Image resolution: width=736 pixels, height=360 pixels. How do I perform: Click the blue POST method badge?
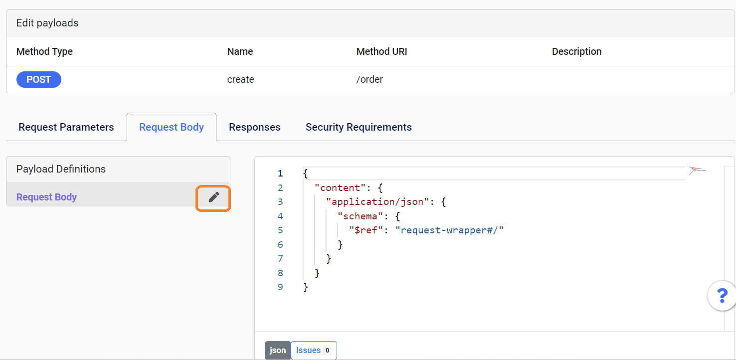pyautogui.click(x=39, y=79)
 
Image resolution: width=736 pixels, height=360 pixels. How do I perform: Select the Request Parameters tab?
pyautogui.click(x=66, y=127)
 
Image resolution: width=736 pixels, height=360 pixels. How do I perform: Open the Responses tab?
pyautogui.click(x=255, y=127)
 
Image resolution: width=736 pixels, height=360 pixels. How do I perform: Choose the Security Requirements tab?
pyautogui.click(x=359, y=127)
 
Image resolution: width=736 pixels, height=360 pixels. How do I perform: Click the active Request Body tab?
pyautogui.click(x=172, y=127)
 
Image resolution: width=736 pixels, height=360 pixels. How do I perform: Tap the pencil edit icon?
pyautogui.click(x=213, y=197)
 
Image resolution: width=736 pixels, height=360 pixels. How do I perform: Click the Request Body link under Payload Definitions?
pyautogui.click(x=46, y=197)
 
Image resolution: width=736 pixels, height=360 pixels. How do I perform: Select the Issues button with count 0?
pyautogui.click(x=314, y=350)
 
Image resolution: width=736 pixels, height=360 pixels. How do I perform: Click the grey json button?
pyautogui.click(x=278, y=350)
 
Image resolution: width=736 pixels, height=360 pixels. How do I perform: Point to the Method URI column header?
pyautogui.click(x=381, y=51)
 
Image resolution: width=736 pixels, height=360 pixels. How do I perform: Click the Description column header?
pyautogui.click(x=576, y=51)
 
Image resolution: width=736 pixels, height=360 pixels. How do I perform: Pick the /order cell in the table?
pyautogui.click(x=369, y=79)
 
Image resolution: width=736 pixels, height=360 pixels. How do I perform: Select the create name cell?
pyautogui.click(x=240, y=79)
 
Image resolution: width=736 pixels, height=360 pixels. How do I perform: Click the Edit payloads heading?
pyautogui.click(x=47, y=23)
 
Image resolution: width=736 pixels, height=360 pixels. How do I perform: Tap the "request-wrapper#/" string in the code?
pyautogui.click(x=449, y=230)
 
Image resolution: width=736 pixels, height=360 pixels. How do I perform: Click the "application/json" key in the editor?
pyautogui.click(x=377, y=201)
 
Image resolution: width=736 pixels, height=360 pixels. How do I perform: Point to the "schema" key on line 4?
pyautogui.click(x=361, y=216)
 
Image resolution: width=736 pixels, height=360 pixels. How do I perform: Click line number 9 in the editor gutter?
pyautogui.click(x=280, y=287)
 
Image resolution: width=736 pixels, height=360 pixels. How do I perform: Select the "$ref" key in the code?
pyautogui.click(x=366, y=230)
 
